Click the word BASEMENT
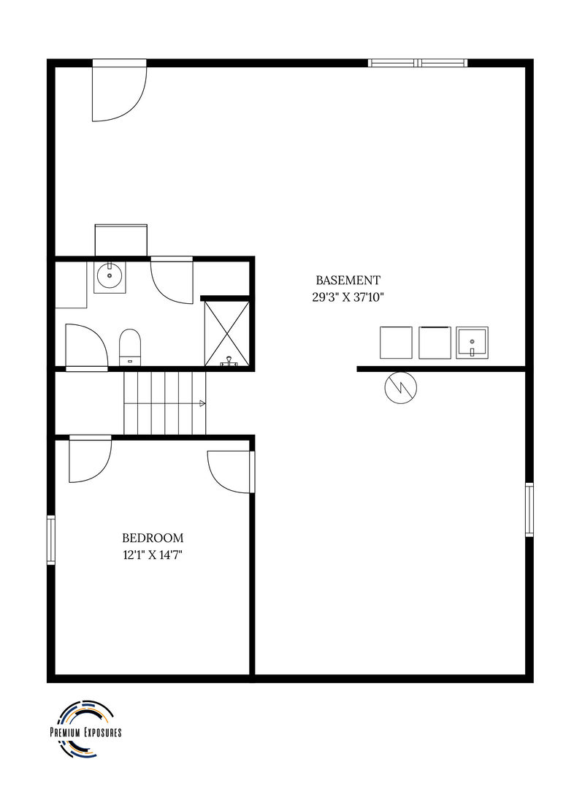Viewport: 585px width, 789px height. (348, 281)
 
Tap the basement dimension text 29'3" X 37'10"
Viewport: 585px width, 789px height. (348, 297)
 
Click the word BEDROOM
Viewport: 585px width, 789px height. (153, 538)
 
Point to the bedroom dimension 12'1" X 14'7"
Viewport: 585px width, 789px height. (153, 555)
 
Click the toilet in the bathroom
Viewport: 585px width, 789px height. (130, 347)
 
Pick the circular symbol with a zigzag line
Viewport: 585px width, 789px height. (401, 388)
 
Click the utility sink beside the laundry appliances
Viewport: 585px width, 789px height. (473, 343)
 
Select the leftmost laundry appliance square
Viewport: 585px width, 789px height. (396, 343)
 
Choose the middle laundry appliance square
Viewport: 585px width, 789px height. (435, 343)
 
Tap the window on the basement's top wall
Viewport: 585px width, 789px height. (418, 63)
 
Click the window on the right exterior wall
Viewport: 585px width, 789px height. (529, 510)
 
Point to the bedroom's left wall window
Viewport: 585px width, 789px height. (51, 540)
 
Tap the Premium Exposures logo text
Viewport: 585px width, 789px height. (86, 733)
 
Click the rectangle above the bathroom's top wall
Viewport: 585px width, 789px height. (121, 240)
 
